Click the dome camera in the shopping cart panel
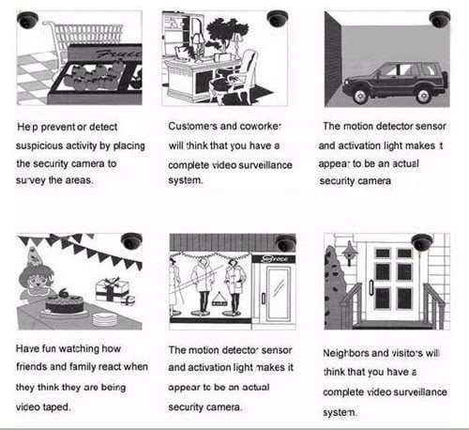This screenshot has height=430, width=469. click(27, 20)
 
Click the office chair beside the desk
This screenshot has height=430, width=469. click(234, 78)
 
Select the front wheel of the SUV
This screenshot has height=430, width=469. click(360, 95)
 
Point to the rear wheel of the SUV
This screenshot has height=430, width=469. click(424, 95)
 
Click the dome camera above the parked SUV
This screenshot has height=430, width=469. click(440, 20)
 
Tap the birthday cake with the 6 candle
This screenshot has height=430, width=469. click(65, 303)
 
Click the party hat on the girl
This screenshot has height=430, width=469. click(33, 256)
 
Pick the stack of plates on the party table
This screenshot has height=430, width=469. click(105, 319)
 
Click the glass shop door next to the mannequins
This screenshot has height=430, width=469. click(278, 294)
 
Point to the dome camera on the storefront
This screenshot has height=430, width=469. click(286, 243)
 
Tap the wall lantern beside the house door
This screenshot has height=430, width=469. click(349, 253)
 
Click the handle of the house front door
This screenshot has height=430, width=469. click(371, 287)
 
